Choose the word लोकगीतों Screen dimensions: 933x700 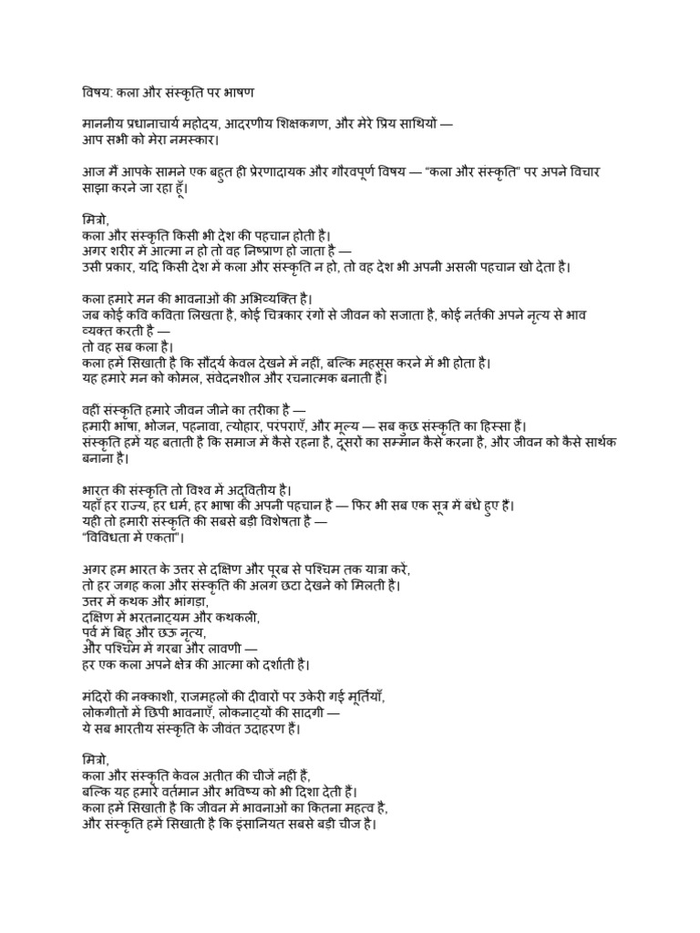[x=106, y=713]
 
